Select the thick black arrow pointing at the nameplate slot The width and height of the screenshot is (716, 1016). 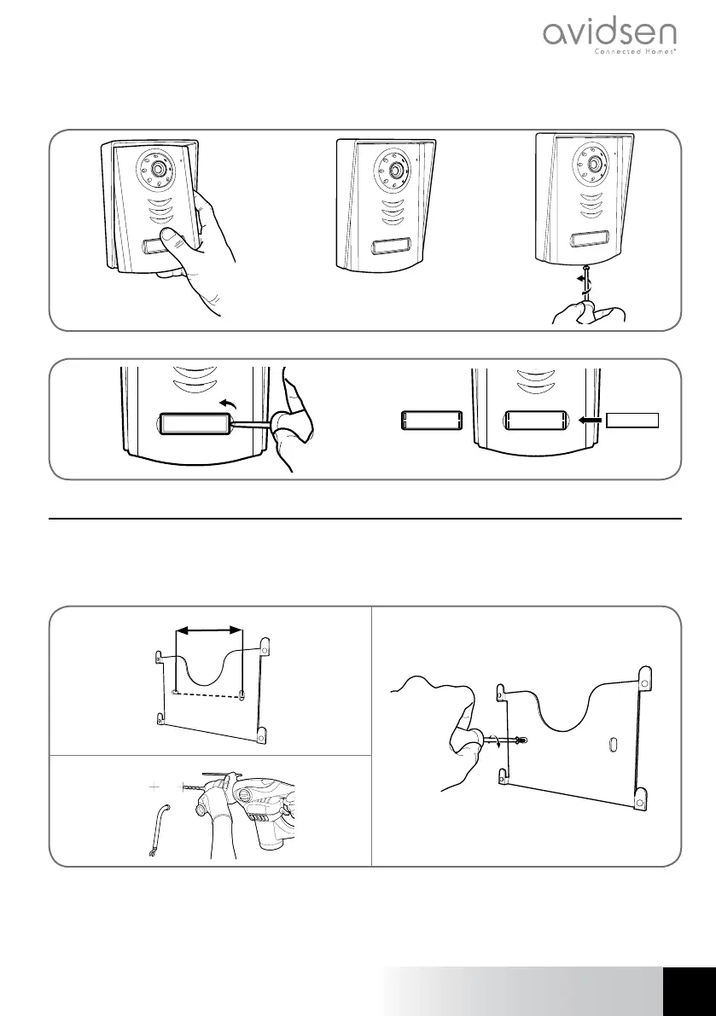click(590, 420)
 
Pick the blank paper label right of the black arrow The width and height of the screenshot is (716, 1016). click(633, 420)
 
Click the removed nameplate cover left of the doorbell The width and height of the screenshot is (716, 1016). click(432, 421)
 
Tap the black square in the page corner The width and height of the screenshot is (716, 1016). click(689, 991)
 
